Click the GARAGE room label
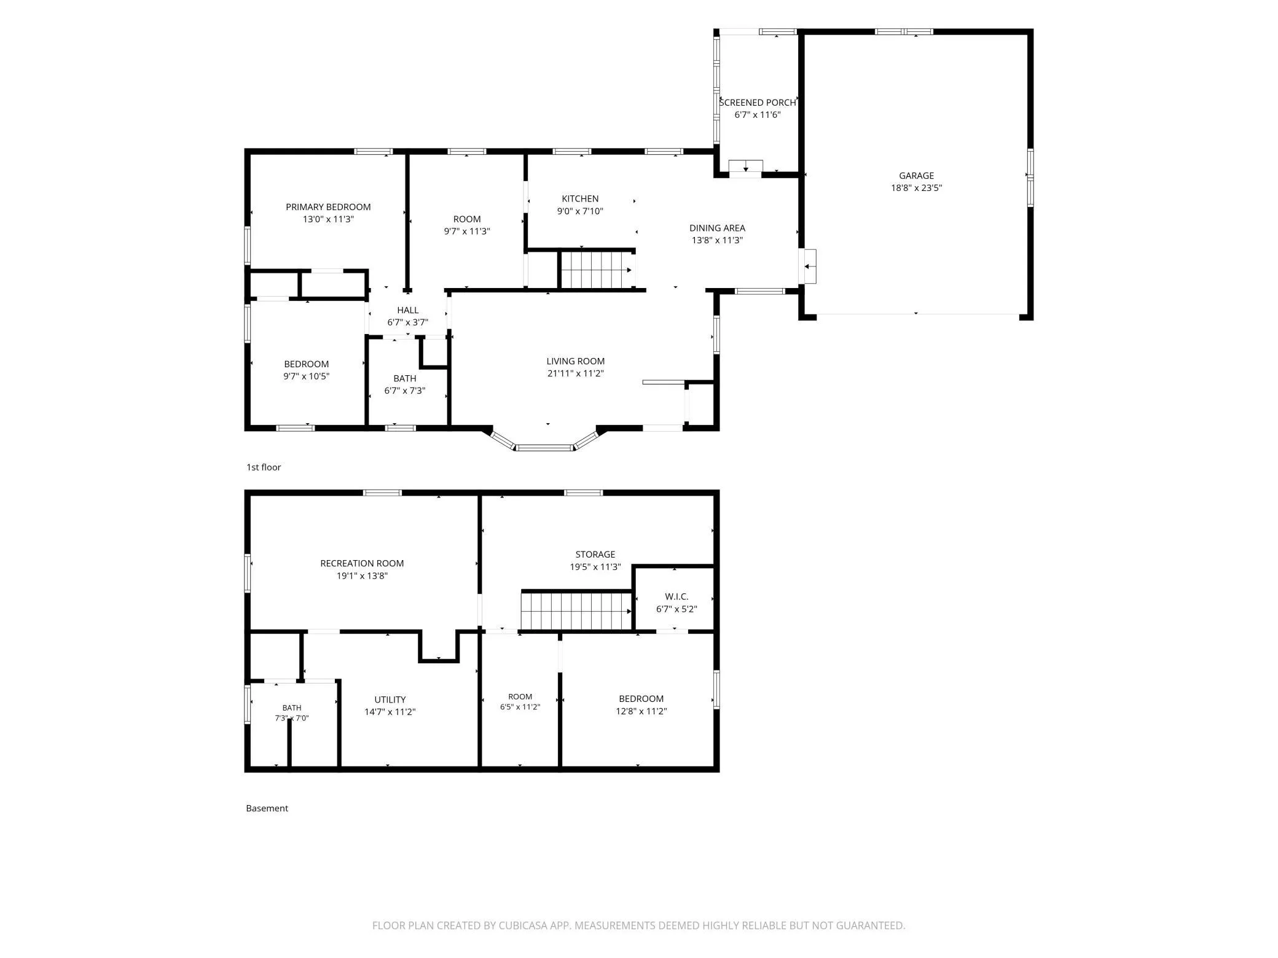tap(916, 176)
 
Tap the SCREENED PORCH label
tap(758, 103)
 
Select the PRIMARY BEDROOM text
tap(328, 207)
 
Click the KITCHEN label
tap(580, 198)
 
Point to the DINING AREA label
tap(717, 228)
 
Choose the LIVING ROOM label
tap(576, 361)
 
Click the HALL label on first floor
tap(407, 310)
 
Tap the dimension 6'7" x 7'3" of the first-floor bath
tap(405, 391)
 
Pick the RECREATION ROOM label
tap(362, 563)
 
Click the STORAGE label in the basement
tap(595, 555)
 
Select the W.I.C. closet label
tap(676, 597)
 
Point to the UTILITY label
tap(390, 699)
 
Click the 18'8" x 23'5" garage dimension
tap(916, 188)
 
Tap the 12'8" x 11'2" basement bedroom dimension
tap(641, 711)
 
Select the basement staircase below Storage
tap(576, 610)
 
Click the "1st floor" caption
tap(264, 467)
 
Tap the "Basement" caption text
tap(267, 808)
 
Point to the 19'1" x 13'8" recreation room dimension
tap(362, 576)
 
